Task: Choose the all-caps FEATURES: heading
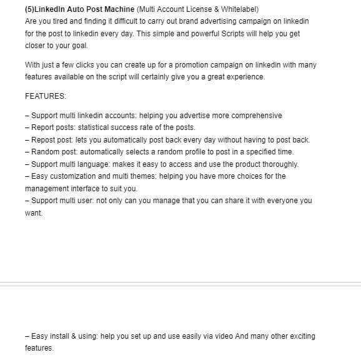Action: [x=46, y=96]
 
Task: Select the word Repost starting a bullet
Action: [x=43, y=140]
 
